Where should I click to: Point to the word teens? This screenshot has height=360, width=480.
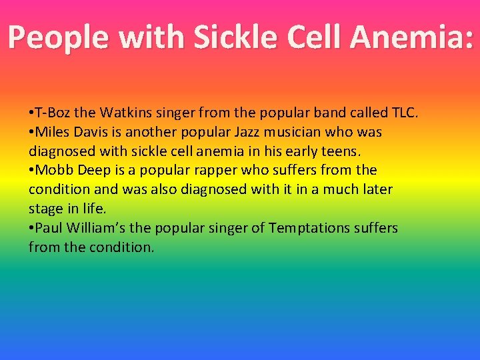(341, 151)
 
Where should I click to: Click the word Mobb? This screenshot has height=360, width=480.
(53, 171)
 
